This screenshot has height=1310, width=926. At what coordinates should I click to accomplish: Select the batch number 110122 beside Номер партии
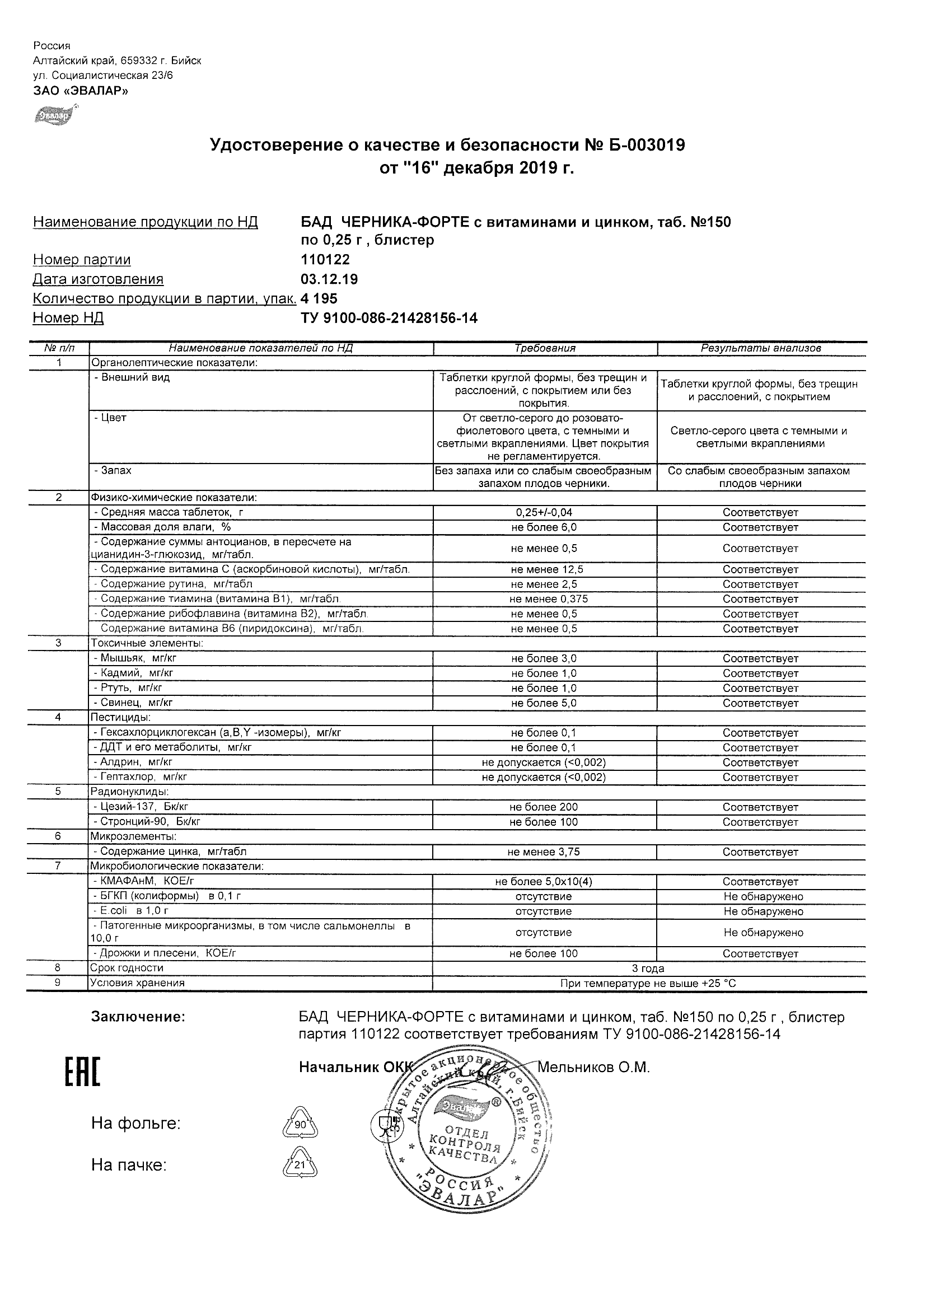tap(325, 260)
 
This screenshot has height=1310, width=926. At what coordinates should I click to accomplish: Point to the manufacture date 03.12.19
tap(329, 279)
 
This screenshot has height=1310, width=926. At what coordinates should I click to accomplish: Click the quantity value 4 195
tap(319, 298)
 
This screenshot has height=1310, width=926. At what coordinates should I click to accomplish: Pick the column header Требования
tap(545, 348)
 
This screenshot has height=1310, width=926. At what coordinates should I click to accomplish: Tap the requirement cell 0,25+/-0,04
tap(544, 512)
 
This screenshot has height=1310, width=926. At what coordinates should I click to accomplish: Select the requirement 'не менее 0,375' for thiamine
tap(548, 599)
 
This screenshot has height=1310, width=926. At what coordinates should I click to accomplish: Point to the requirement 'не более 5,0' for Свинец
tap(544, 703)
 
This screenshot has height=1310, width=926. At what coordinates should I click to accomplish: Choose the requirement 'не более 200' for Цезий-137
tap(544, 807)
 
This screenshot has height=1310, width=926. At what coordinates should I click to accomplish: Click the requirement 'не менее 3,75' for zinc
tap(544, 851)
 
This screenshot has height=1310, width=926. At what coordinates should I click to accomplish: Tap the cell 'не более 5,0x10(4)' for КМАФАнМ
tap(544, 882)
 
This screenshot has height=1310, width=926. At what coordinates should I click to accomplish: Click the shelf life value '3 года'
tap(648, 968)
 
